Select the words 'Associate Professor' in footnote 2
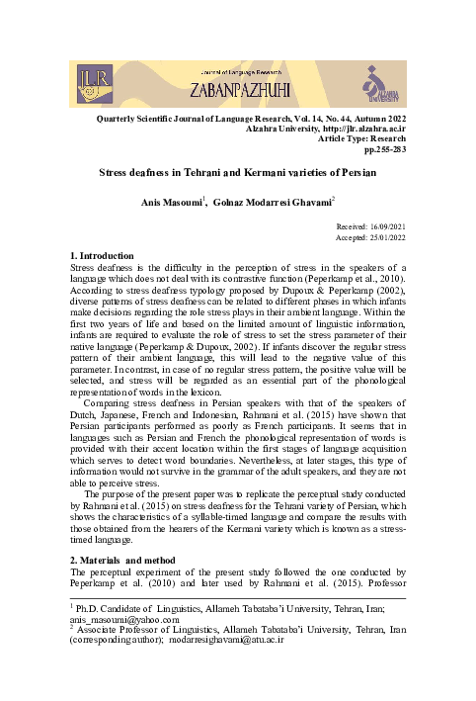pos(120,629)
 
